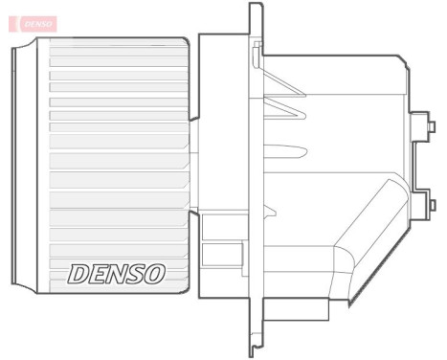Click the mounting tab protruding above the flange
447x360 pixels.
click(x=254, y=14)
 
